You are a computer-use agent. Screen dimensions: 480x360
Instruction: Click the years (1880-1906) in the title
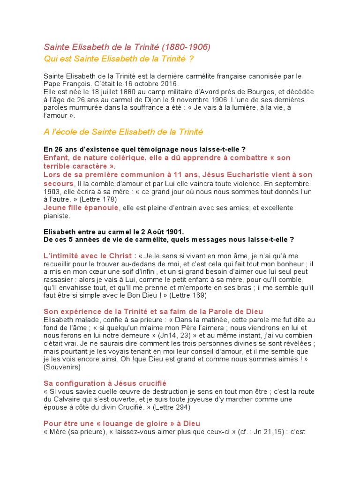tap(186, 47)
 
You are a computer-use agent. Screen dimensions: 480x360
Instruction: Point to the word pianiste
tap(56, 216)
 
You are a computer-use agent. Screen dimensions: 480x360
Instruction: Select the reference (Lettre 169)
tap(187, 296)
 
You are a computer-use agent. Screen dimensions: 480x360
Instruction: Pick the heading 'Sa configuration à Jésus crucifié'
tap(105, 383)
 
